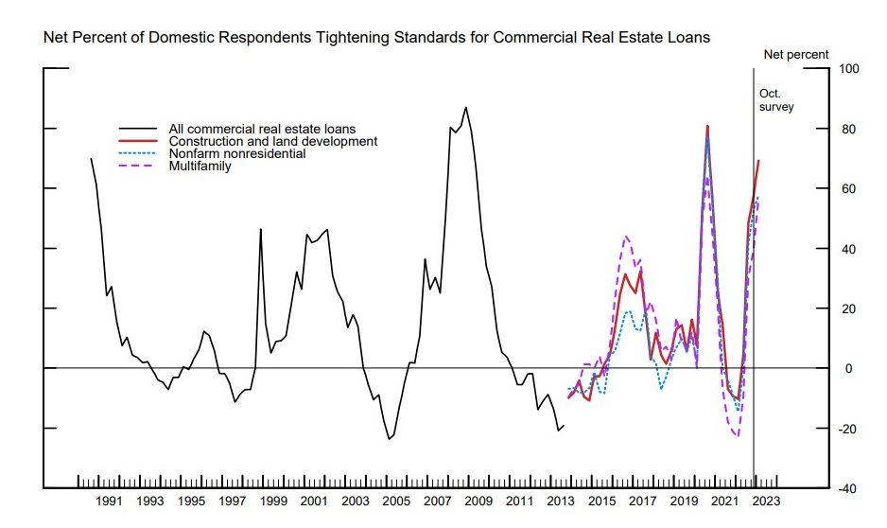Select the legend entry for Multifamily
[200, 167]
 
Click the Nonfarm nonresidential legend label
[236, 153]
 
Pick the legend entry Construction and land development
[272, 141]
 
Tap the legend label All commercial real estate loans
[261, 129]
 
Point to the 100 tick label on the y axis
[847, 69]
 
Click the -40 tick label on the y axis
[847, 488]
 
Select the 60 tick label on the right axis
[844, 188]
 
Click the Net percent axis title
[796, 55]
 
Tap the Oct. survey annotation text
[776, 100]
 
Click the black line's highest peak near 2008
[465, 107]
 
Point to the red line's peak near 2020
[707, 126]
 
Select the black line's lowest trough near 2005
[389, 439]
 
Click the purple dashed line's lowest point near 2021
[737, 436]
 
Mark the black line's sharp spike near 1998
[261, 229]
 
